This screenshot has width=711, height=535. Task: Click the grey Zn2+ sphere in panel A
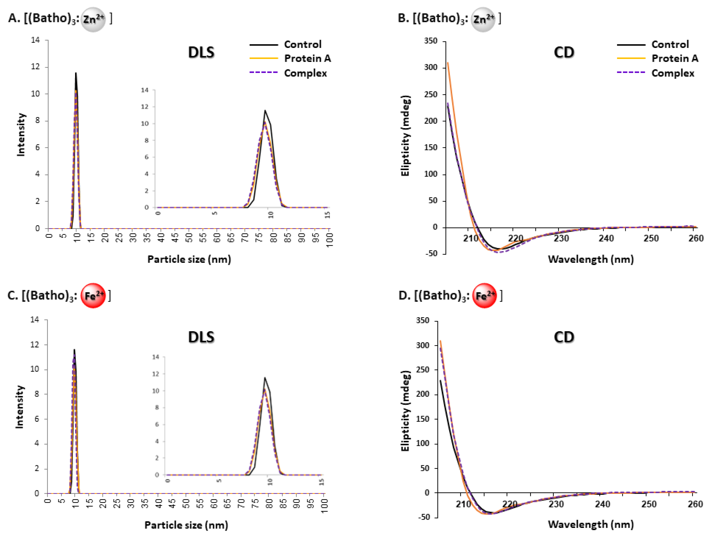(x=93, y=19)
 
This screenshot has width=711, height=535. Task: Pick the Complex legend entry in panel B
(x=673, y=73)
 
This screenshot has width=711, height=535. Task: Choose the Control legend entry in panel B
(x=670, y=44)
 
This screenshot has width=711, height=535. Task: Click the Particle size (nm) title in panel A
(x=189, y=259)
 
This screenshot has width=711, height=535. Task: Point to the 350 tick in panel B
(x=431, y=41)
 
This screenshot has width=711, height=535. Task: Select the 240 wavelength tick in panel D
(x=602, y=504)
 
